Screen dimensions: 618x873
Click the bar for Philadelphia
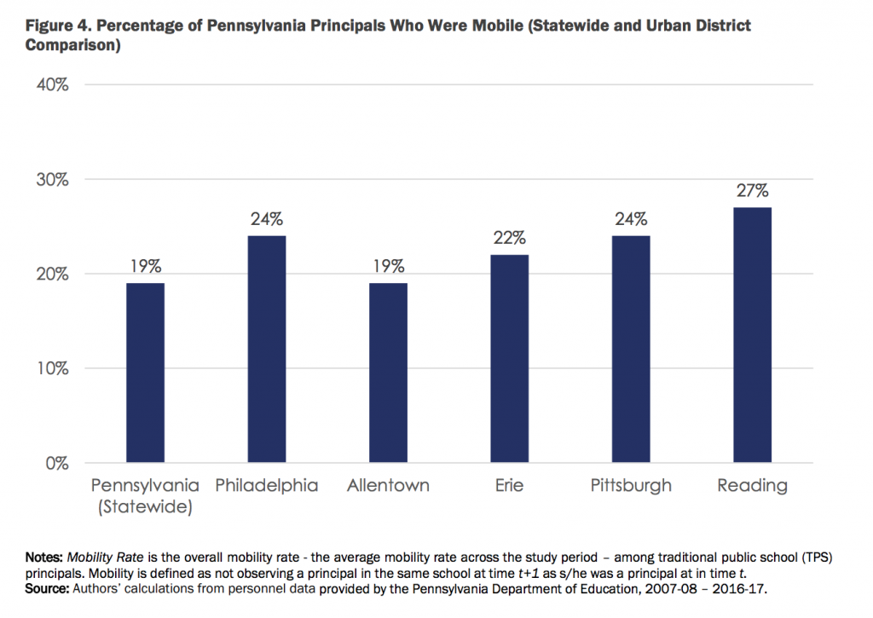[267, 349]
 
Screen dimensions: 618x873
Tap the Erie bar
[509, 359]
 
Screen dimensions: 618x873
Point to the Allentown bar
[388, 373]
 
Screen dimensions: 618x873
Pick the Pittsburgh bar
[631, 349]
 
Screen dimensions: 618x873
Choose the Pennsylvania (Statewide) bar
[146, 373]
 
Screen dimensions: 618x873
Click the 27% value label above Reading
[752, 191]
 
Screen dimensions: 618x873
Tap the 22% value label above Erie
[509, 238]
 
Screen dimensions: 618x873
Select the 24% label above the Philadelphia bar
[267, 219]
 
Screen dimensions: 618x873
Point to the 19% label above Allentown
[388, 266]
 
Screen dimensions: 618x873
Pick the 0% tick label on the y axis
[56, 463]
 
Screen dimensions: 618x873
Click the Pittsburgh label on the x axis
[631, 486]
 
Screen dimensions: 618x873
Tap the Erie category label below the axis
[509, 486]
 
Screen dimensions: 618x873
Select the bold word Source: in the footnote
[48, 587]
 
